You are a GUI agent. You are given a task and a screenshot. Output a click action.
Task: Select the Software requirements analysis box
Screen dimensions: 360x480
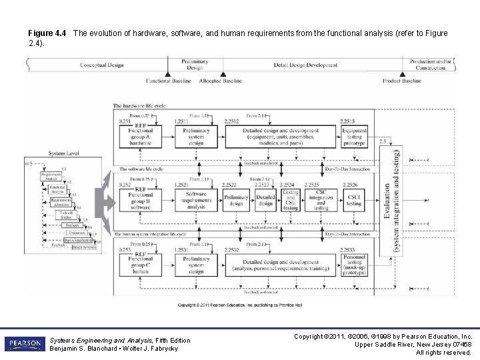[x=196, y=199]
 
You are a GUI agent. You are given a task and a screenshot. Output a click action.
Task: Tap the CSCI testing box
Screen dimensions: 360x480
[x=354, y=199]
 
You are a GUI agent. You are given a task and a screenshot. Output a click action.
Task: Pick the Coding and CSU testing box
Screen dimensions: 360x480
[x=291, y=199]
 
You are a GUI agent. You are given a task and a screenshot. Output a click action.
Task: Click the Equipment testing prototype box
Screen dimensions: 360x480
[x=355, y=136]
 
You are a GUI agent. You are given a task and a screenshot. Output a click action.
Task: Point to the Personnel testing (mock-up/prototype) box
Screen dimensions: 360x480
[x=355, y=264]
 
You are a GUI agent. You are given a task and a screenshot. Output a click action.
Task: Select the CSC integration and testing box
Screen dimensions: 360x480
[x=321, y=199]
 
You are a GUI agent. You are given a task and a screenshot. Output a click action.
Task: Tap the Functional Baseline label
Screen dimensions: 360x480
[x=168, y=81]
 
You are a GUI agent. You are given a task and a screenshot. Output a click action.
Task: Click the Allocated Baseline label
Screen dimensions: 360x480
[x=221, y=81]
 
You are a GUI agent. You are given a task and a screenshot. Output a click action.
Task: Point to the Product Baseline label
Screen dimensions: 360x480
[x=402, y=81]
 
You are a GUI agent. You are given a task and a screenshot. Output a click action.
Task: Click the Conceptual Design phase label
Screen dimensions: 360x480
[x=101, y=65]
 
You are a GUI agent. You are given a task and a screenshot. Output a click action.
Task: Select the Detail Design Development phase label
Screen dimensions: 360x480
[x=306, y=65]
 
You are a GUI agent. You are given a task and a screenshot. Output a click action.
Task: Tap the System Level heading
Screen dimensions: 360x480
[x=65, y=153]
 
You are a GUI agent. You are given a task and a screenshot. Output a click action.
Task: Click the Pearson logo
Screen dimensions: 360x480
[x=24, y=344]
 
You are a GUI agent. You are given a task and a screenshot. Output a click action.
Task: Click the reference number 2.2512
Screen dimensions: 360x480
[x=231, y=121]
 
